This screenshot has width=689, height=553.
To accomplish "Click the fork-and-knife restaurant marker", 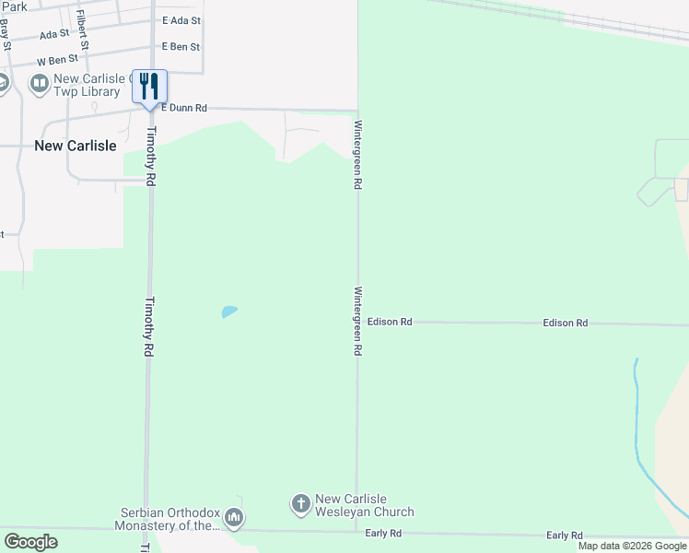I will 149,87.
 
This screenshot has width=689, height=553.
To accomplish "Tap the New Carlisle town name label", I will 76,146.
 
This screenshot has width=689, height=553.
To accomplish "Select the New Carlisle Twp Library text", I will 88,86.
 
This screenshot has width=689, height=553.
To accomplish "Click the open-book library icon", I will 40,85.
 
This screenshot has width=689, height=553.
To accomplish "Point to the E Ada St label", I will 181,20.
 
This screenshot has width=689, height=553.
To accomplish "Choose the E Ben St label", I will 181,46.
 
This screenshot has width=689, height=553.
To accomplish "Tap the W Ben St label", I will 54,62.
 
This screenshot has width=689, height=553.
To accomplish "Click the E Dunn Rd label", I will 184,108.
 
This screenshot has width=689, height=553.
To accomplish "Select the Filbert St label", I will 83,30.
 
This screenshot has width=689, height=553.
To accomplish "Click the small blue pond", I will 229,312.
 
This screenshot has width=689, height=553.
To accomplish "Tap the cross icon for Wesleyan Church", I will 300,504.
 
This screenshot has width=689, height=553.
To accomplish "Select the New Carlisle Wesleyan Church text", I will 365,505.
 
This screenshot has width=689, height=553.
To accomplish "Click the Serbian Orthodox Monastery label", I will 170,519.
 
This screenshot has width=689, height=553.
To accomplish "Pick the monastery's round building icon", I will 234,519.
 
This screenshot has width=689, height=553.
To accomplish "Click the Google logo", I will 30,542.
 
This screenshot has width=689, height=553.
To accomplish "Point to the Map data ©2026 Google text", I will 632,546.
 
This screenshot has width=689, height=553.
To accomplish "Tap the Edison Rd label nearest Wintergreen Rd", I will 390,322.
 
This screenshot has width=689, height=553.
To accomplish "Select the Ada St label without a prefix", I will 54,34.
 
